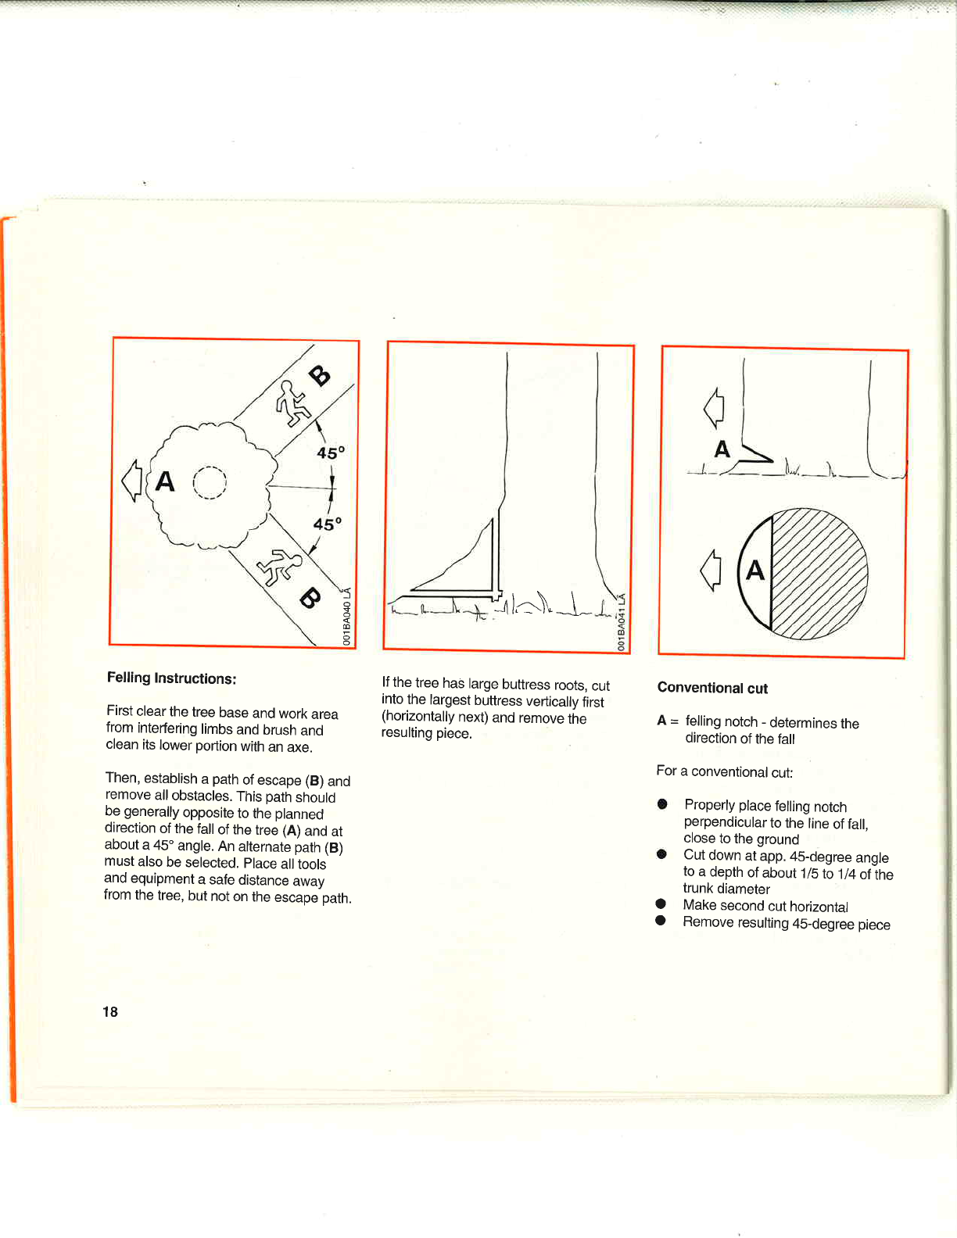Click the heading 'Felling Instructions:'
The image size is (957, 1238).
point(171,678)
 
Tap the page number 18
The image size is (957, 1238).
point(110,1011)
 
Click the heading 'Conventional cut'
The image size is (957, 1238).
point(712,688)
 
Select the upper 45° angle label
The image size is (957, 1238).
point(331,453)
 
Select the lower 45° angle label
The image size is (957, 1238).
point(328,524)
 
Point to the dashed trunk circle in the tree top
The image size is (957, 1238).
point(210,482)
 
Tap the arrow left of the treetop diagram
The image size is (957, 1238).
point(131,480)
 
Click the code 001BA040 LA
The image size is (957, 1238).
point(348,617)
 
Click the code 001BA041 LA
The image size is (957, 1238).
point(622,622)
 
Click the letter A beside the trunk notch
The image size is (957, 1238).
point(722,449)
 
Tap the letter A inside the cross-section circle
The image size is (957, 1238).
point(754,570)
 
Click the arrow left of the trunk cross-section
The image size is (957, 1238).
point(710,570)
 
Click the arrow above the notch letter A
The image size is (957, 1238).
point(714,408)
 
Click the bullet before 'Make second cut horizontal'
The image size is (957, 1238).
point(661,904)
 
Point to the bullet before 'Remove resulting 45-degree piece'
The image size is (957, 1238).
point(661,921)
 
